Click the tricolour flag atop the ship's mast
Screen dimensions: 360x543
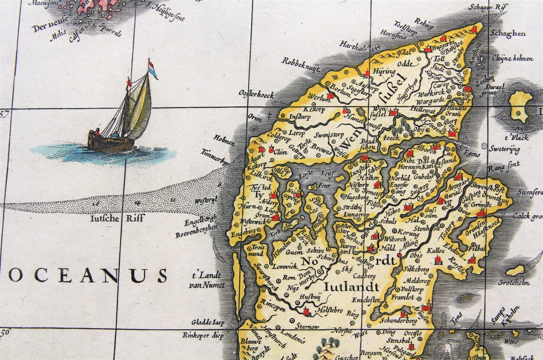point(152,69)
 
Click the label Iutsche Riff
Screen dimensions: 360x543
point(117,218)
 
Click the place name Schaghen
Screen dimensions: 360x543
point(508,34)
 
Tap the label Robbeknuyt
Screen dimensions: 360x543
point(300,65)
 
